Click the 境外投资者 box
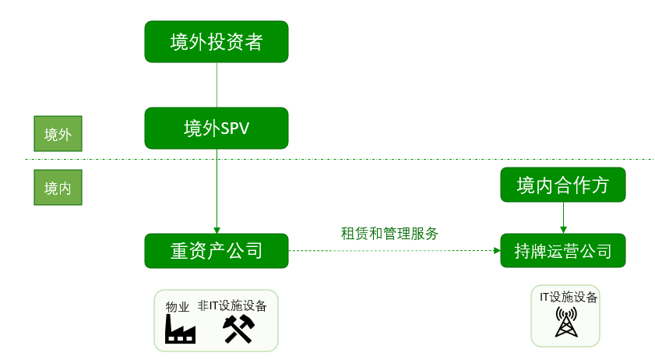217,42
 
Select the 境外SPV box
217,128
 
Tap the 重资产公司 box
217,251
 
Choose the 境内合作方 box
562,185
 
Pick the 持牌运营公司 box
562,251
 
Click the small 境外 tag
58,135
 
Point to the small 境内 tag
58,189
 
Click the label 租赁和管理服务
389,233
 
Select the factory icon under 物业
180,330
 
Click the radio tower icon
566,322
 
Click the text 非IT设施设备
232,305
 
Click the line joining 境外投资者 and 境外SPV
217,85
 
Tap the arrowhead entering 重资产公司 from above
217,229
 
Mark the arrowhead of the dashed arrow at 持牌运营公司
496,251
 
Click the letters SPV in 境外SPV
235,128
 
